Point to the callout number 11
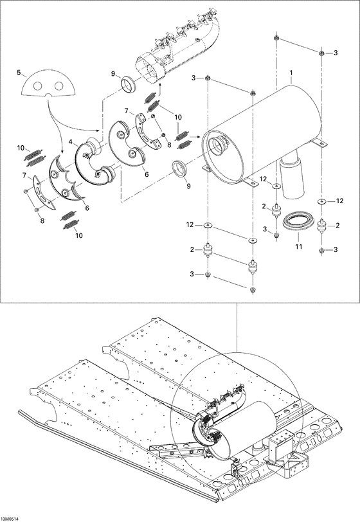coord(298,247)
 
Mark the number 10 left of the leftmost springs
coord(21,148)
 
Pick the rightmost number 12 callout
coord(340,202)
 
